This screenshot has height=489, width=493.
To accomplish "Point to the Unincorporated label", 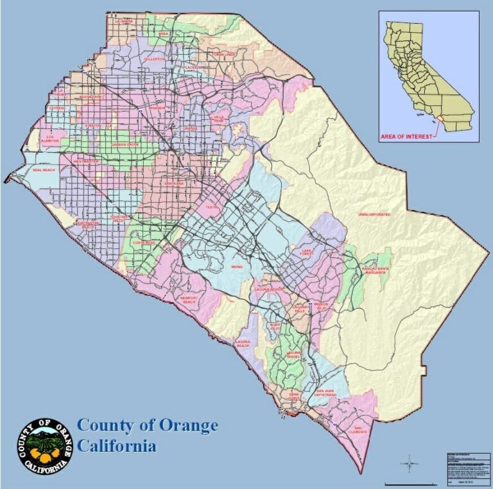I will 374,214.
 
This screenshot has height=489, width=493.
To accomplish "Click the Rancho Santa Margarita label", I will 376,270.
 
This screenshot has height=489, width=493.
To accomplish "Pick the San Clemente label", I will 360,429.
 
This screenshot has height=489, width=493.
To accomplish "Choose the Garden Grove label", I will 125,144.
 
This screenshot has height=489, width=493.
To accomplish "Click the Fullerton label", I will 154,58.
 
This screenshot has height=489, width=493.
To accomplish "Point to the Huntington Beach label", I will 85,225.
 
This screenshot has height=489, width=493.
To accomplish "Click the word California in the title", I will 117,445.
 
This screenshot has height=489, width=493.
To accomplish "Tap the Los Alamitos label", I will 51,137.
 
